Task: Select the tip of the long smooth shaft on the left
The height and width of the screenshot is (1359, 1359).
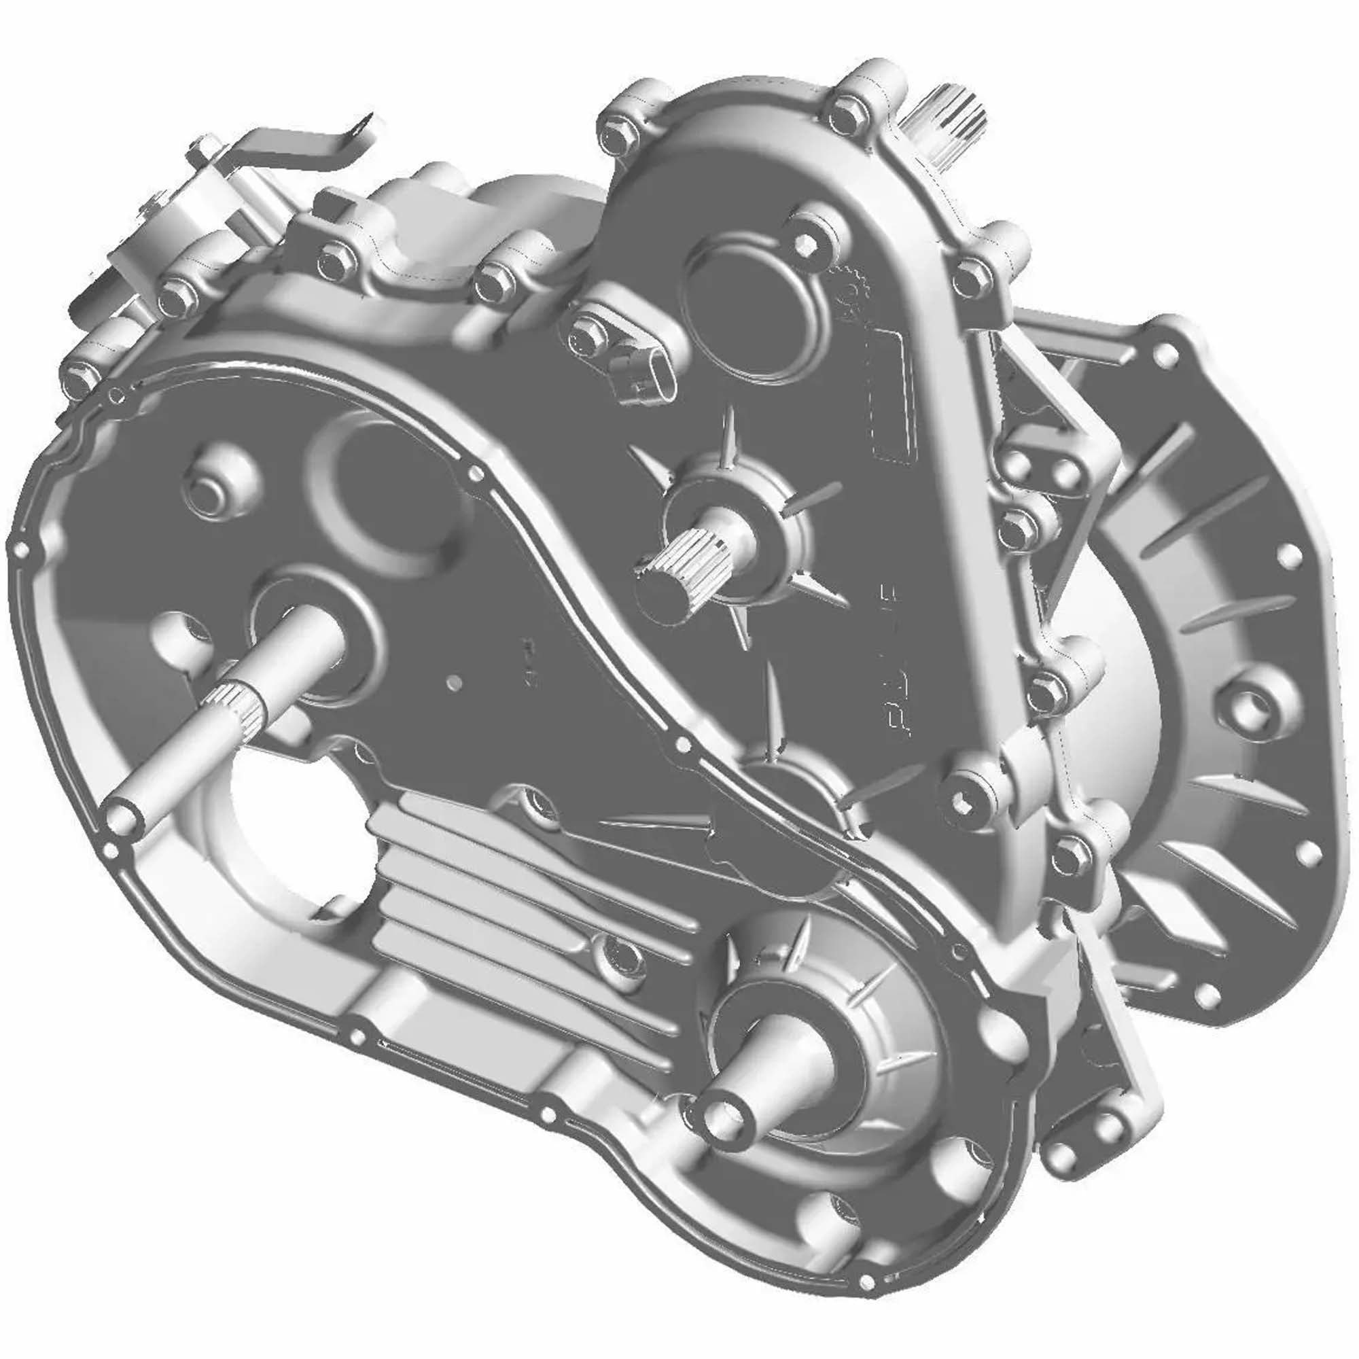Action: (124, 817)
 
